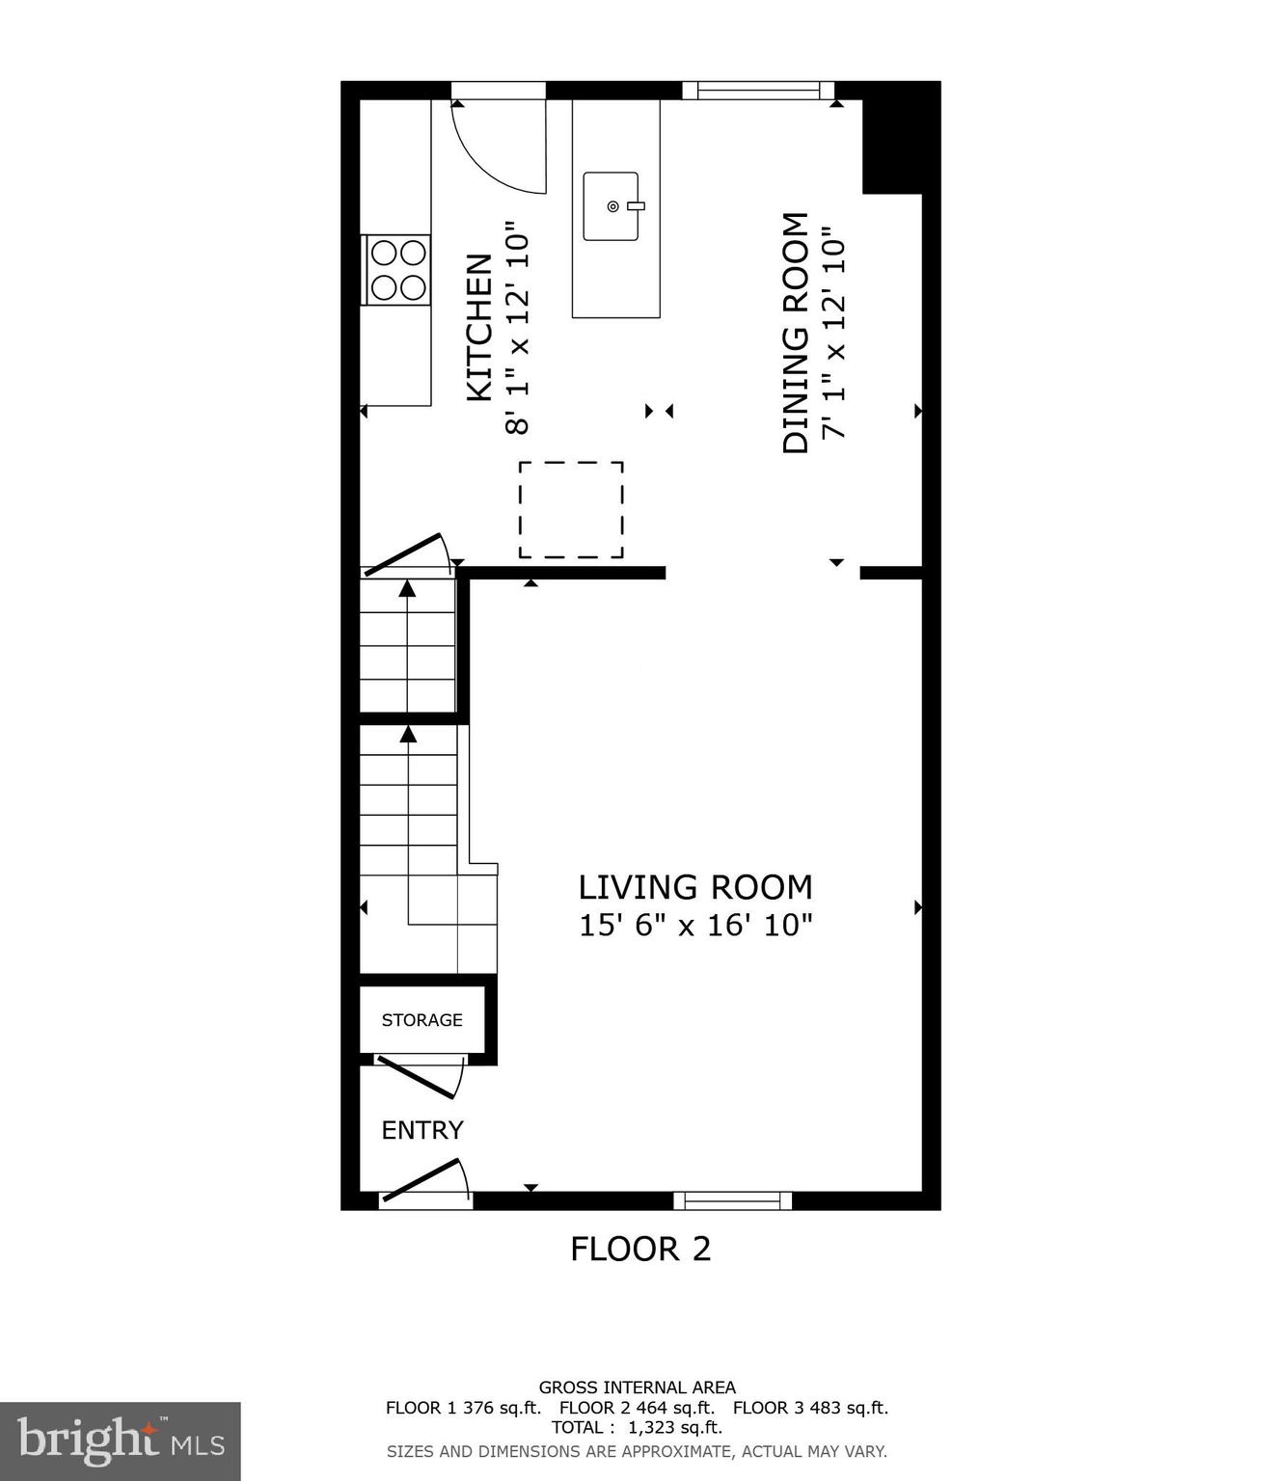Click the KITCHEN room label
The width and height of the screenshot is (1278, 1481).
pos(479,328)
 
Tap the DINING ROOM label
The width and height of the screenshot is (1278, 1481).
pos(795,333)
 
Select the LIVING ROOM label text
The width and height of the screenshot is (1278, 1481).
pos(695,887)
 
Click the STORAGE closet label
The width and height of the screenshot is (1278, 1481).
pos(421,1020)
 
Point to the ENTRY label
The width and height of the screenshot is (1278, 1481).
pos(422,1130)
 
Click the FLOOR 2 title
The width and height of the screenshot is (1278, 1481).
pos(640,1250)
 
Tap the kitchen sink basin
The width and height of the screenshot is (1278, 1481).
pos(611,206)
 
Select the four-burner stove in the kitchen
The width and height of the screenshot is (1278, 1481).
pos(398,270)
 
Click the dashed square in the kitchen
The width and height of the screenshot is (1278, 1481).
pos(571,510)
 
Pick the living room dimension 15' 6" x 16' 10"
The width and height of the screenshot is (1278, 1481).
pos(695,926)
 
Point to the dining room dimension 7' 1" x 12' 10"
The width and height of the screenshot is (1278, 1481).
pos(833,333)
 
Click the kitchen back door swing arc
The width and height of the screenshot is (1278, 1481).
pos(497,145)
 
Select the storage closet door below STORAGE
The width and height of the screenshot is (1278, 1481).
pos(417,1077)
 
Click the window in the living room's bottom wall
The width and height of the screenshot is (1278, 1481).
pos(732,1200)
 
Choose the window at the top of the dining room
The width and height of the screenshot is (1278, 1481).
pos(758,91)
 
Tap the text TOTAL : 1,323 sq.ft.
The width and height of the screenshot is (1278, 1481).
pos(637,1428)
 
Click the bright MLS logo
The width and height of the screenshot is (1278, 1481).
pos(120,1441)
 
